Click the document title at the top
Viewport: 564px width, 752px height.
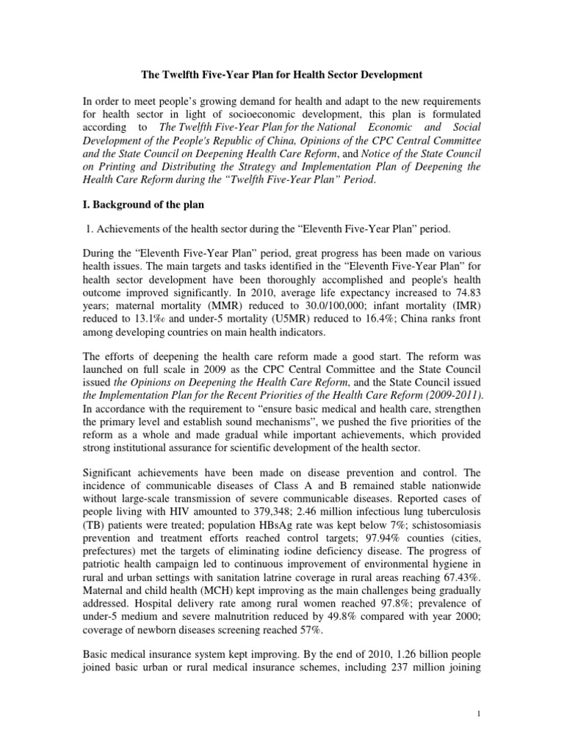(x=281, y=74)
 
